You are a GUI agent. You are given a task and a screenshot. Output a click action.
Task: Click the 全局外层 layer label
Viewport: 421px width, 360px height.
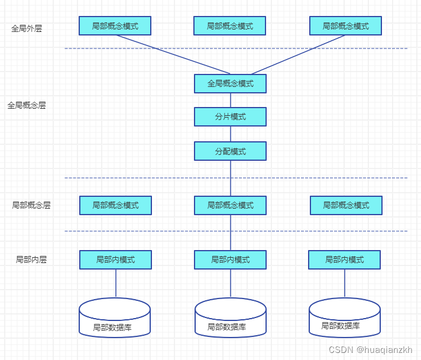click(27, 28)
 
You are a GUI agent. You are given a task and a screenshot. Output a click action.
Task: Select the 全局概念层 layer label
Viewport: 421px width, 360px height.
click(27, 105)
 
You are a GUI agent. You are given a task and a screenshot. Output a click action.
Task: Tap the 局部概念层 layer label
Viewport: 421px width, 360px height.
click(31, 205)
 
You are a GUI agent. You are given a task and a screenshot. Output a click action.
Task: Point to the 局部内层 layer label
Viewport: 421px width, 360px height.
click(31, 259)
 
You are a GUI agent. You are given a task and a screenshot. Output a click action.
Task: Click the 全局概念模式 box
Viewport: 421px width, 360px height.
click(230, 84)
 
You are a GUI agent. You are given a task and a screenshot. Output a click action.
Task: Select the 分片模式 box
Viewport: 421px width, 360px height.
click(230, 117)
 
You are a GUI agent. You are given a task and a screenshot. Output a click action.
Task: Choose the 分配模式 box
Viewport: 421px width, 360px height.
click(230, 151)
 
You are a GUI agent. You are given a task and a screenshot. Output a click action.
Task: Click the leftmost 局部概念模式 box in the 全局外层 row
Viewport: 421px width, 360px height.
click(115, 26)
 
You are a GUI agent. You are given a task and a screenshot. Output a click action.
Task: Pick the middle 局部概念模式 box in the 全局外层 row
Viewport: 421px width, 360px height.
click(229, 26)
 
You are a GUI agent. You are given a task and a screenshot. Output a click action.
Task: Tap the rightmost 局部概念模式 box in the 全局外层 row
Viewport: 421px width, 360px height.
click(345, 26)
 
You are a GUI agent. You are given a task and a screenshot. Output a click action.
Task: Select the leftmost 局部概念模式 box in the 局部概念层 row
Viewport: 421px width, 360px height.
click(115, 205)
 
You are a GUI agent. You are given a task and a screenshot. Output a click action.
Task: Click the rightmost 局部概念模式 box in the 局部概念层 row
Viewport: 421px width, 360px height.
click(346, 205)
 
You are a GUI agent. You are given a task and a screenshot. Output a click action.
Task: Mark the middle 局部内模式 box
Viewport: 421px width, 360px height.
click(230, 260)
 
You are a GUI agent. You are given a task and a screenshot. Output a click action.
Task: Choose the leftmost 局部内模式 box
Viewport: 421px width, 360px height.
click(115, 260)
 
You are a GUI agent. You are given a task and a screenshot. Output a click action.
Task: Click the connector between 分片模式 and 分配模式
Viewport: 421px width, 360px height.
click(231, 134)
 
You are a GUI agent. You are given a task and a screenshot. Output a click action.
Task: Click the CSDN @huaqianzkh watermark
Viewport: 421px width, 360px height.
click(371, 349)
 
